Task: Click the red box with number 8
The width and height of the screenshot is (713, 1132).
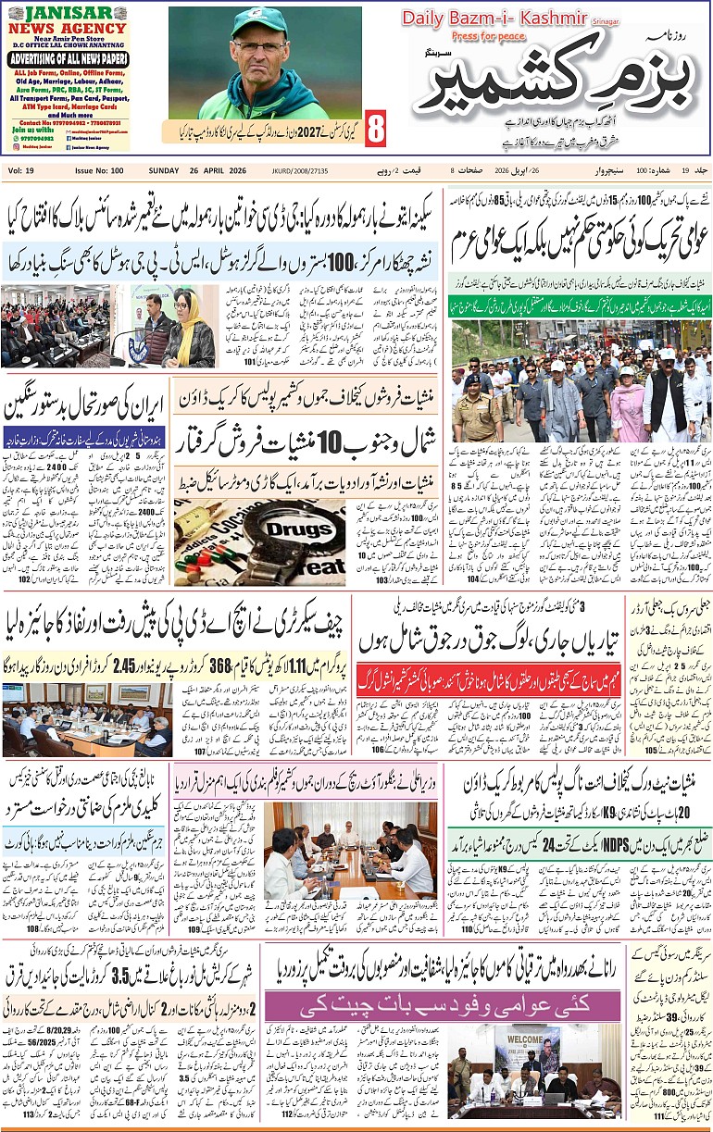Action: point(376,131)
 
